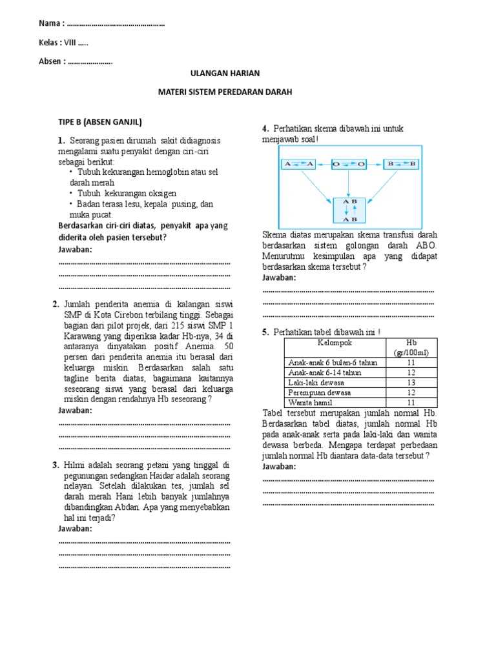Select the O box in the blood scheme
point(349,165)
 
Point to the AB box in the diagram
point(349,209)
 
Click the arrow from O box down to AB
point(349,184)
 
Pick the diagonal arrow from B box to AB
point(382,185)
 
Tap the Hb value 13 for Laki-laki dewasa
point(412,382)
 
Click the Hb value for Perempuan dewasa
point(412,392)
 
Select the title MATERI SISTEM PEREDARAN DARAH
point(225,92)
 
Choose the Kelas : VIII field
point(63,43)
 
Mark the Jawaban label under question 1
point(76,249)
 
